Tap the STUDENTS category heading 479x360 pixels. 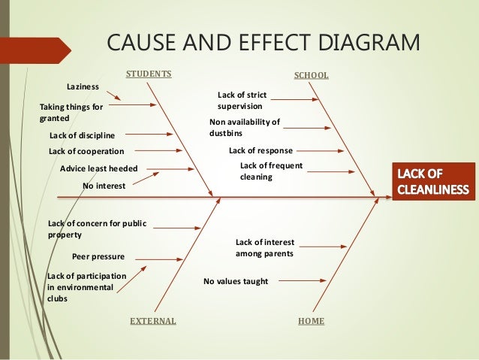click(149, 74)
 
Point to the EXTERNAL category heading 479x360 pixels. click(153, 321)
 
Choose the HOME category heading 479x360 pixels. click(311, 321)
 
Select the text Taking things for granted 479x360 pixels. click(71, 113)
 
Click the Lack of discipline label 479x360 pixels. click(82, 135)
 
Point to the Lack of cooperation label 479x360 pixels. click(86, 151)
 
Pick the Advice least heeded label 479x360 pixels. click(98, 169)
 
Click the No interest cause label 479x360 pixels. click(104, 184)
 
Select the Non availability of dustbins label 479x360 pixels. click(245, 127)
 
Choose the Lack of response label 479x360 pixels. click(260, 150)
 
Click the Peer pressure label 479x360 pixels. click(98, 256)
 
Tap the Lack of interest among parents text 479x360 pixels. click(264, 248)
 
